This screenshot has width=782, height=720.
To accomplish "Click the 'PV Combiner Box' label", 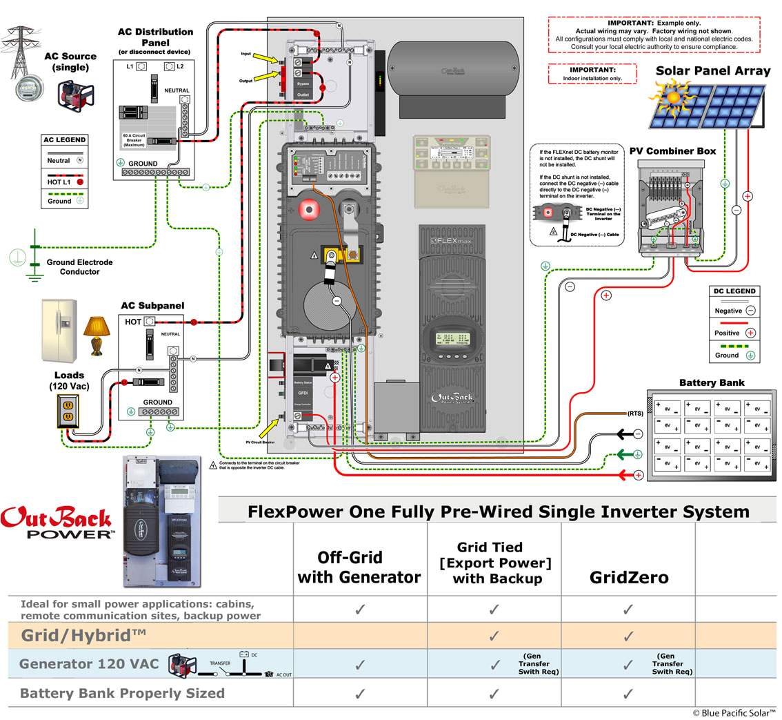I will click(x=672, y=150).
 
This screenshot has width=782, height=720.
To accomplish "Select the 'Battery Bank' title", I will click(x=712, y=382).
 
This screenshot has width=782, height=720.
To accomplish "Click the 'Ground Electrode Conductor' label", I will click(x=73, y=267).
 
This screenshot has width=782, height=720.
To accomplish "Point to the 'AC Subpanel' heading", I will click(x=152, y=306).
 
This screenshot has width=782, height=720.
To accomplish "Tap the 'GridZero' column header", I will click(x=628, y=577).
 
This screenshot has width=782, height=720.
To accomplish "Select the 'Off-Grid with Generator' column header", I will click(x=359, y=567).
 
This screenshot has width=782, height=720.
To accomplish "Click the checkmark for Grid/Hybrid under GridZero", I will click(x=628, y=634).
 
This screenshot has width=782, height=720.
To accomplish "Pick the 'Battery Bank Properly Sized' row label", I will click(x=123, y=693).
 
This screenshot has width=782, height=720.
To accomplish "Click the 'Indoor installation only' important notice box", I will click(x=592, y=74).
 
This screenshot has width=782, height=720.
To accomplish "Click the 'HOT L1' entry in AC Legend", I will click(x=65, y=182).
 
